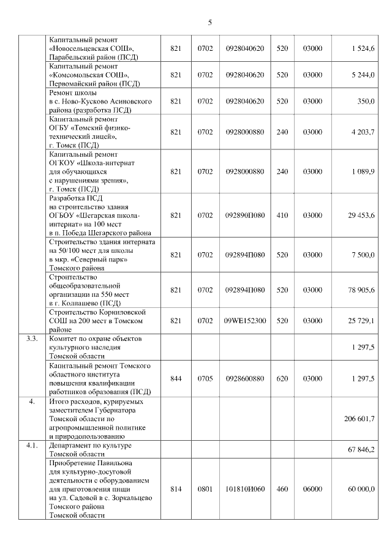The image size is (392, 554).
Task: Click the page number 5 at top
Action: (x=209, y=23)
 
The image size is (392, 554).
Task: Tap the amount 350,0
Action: (x=366, y=101)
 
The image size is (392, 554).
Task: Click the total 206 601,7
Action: (x=360, y=418)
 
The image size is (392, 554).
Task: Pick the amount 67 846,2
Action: (x=361, y=450)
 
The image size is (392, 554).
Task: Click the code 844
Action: (x=176, y=379)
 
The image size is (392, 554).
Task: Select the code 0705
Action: (x=205, y=379)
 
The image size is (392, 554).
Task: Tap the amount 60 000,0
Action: (x=361, y=489)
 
